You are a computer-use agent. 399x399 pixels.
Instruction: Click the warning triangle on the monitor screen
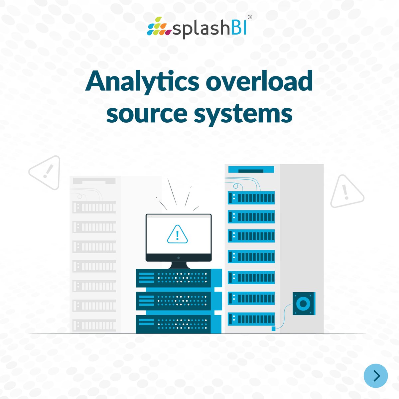click(178, 234)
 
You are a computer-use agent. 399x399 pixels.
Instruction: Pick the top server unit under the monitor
click(178, 278)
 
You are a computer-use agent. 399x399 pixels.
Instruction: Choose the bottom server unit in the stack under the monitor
click(178, 324)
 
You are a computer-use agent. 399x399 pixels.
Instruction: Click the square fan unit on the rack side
click(304, 303)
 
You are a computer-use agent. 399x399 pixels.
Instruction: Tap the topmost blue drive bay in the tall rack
click(251, 198)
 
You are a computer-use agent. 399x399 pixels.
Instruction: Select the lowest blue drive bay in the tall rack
click(251, 319)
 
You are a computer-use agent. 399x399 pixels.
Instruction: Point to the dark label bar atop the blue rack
click(251, 171)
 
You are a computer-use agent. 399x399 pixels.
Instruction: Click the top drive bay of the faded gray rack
click(94, 207)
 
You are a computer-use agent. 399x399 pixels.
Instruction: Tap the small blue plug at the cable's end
click(274, 329)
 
